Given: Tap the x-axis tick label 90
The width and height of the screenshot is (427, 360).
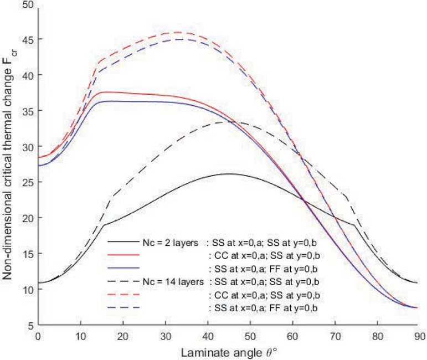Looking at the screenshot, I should (420, 336).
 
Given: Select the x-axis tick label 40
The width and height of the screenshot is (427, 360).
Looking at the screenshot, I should (208, 336).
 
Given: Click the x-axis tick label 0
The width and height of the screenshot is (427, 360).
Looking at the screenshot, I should (38, 336).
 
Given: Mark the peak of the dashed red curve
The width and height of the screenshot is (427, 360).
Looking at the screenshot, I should (178, 32).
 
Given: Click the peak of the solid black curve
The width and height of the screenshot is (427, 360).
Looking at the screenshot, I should (229, 174).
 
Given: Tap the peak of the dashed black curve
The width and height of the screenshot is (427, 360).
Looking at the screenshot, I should (229, 121).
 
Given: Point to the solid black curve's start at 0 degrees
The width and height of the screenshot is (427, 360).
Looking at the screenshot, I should (38, 283).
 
